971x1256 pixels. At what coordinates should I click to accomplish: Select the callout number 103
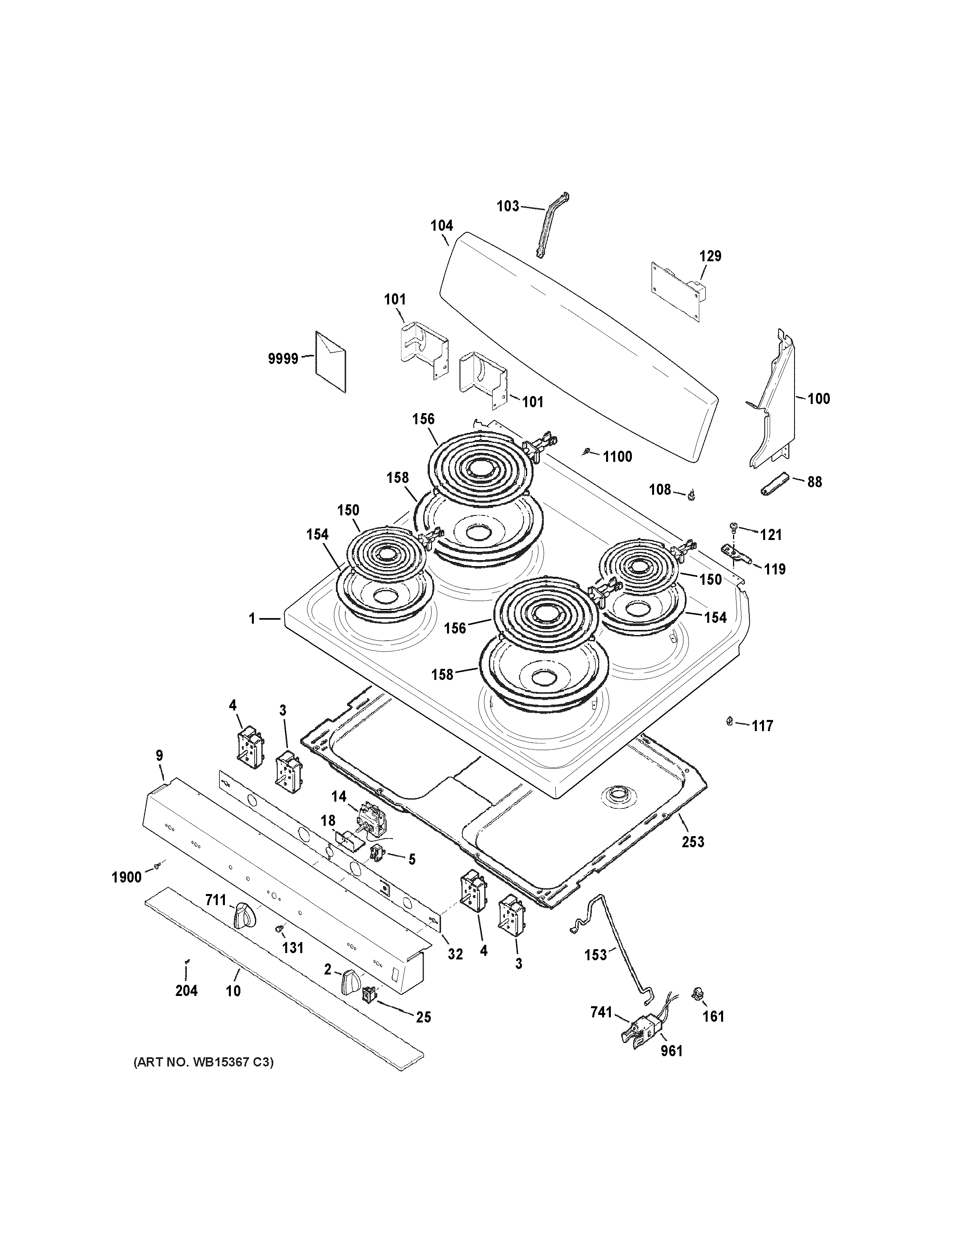pos(508,206)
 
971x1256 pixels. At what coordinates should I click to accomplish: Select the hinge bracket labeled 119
pos(736,554)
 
